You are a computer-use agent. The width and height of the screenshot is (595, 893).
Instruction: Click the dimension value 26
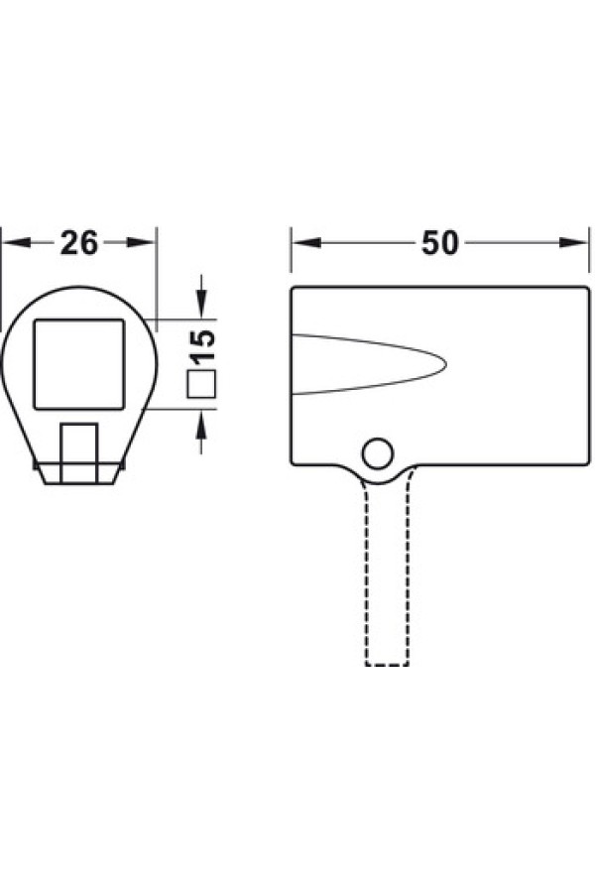[79, 243]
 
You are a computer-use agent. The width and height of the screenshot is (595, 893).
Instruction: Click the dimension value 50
[439, 243]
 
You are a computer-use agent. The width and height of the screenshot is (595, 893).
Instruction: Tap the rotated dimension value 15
[202, 347]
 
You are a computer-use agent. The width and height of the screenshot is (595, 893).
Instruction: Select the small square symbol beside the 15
[201, 384]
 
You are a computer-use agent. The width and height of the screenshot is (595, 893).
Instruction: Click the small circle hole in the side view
[378, 453]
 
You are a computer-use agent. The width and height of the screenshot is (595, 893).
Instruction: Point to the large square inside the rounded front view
[79, 364]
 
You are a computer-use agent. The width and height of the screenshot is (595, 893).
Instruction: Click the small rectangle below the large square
[79, 453]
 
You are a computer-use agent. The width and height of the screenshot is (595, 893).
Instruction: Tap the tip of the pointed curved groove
[446, 364]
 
